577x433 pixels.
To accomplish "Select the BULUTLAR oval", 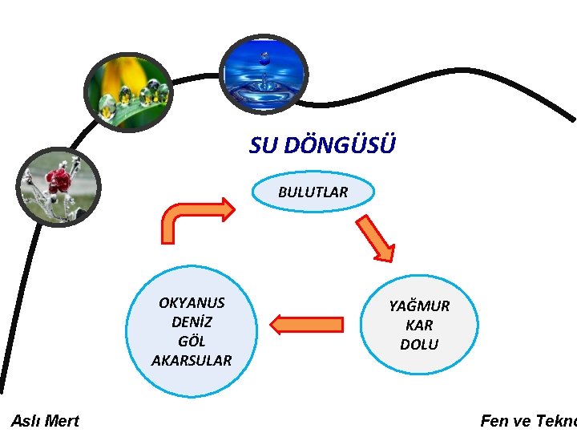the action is tap(313, 192).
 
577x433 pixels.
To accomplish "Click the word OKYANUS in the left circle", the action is tap(192, 303).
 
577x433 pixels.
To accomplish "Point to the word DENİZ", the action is tap(192, 322).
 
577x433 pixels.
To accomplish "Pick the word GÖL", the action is tap(192, 342).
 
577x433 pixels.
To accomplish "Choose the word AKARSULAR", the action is tap(192, 361).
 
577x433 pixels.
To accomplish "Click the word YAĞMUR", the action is tap(419, 306).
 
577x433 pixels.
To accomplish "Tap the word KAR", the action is tap(419, 326).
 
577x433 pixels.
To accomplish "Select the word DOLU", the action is tap(419, 345).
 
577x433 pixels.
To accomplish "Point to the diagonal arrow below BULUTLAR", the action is tap(375, 238).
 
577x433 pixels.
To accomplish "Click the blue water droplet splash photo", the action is tap(264, 74).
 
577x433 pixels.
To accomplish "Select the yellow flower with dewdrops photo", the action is tap(130, 91).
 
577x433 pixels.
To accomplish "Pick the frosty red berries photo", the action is tap(58, 188).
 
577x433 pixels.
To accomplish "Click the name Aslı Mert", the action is tap(45, 421).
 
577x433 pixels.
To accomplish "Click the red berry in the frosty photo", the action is tap(59, 180).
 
